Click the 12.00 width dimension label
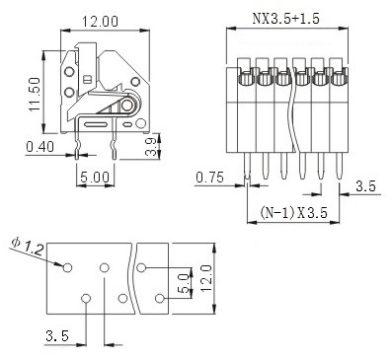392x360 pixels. pos(100,22)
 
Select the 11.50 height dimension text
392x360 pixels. pos(35,95)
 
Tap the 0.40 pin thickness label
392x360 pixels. pos(39,147)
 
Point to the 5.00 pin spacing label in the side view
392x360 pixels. pos(95,178)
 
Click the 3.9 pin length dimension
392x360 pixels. pos(150,147)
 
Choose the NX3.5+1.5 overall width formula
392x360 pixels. pos(285,19)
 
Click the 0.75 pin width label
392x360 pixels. pos(209,178)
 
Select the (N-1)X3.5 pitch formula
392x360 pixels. pos(294,213)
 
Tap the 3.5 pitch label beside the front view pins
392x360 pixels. pos(365,186)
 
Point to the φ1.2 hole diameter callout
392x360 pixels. pos(28,247)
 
